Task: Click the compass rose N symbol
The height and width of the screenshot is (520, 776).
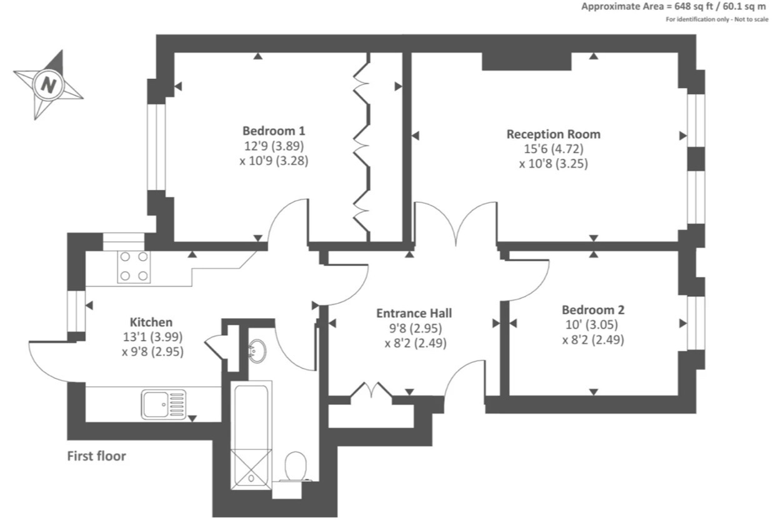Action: [48, 84]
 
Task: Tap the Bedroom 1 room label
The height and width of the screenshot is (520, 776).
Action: [274, 131]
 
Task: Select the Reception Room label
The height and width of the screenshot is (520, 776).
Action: [553, 134]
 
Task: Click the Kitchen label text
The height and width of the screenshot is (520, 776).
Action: [151, 322]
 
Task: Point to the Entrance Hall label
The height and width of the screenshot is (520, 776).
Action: [414, 313]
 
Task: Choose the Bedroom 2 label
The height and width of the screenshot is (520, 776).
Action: [593, 310]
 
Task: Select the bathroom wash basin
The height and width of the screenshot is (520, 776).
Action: [257, 351]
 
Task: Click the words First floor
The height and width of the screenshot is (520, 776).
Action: [96, 456]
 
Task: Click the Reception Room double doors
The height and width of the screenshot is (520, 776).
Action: [457, 224]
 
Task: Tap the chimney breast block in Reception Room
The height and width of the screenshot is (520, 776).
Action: [527, 61]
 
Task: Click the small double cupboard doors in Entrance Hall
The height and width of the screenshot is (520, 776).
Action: [372, 391]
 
